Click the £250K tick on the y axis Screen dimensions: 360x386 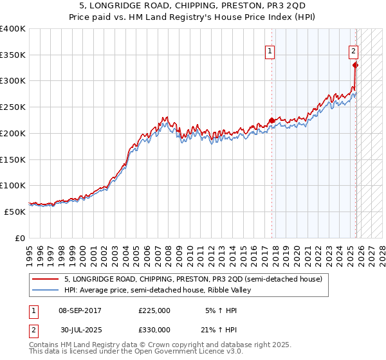(x=13, y=107)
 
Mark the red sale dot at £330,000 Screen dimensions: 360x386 (x=355, y=65)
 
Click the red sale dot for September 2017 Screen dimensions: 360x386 (x=271, y=120)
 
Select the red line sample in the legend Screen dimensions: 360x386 (x=46, y=279)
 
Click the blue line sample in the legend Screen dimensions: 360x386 (x=46, y=290)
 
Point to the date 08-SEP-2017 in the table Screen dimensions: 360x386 (x=80, y=310)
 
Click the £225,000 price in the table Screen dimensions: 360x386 (x=154, y=310)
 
